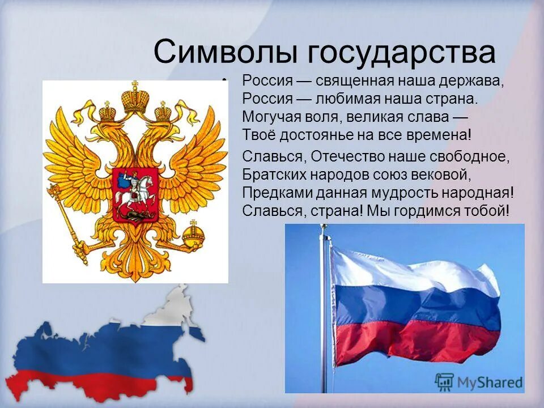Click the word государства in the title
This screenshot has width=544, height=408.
(x=402, y=53)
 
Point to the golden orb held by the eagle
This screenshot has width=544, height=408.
(x=192, y=234)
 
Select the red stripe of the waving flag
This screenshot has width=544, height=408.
(x=414, y=340)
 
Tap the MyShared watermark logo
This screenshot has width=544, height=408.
(x=479, y=381)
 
